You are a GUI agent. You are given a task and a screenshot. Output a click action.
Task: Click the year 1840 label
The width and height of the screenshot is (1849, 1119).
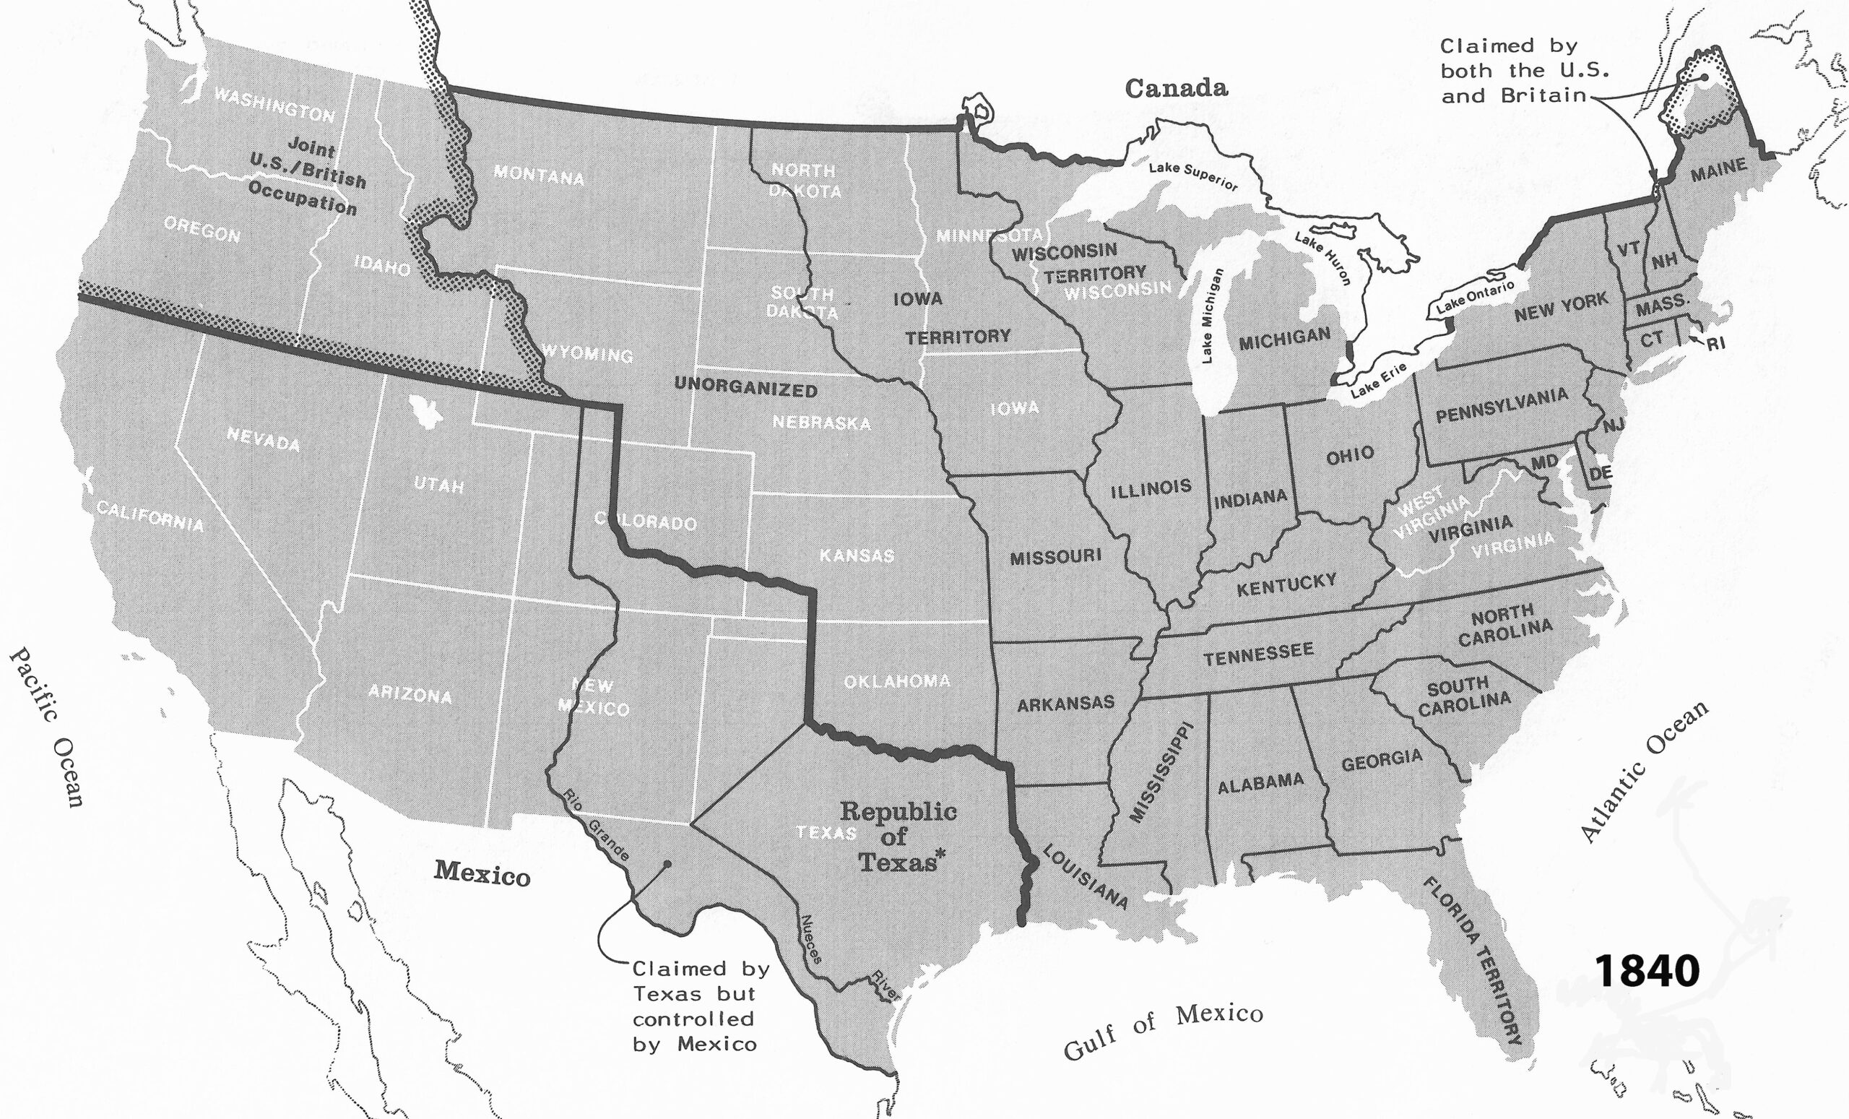(1647, 971)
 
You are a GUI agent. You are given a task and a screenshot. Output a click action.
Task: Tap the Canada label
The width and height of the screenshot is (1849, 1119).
(1176, 89)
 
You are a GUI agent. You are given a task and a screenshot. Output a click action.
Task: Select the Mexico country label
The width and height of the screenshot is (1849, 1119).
(482, 873)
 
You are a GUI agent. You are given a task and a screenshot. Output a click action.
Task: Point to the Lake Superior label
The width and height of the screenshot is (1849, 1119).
(1192, 176)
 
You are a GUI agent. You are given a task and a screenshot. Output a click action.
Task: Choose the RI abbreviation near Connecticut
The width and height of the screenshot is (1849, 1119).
(1715, 345)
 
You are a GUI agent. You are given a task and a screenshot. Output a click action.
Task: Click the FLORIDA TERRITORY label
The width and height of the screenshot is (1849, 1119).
(1473, 962)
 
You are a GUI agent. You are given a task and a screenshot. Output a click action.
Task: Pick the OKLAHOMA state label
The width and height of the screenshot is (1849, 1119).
(897, 681)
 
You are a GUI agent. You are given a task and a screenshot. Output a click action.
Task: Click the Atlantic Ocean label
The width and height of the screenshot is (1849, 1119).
(1644, 772)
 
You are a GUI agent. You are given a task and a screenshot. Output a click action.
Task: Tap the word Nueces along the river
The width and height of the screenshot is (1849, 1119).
(811, 939)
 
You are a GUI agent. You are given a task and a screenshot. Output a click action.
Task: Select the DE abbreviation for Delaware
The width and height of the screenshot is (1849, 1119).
(1600, 474)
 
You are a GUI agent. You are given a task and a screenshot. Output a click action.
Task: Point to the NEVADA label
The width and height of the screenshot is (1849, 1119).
(264, 439)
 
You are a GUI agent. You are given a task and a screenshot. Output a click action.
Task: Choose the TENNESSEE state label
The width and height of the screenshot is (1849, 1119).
(1258, 654)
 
